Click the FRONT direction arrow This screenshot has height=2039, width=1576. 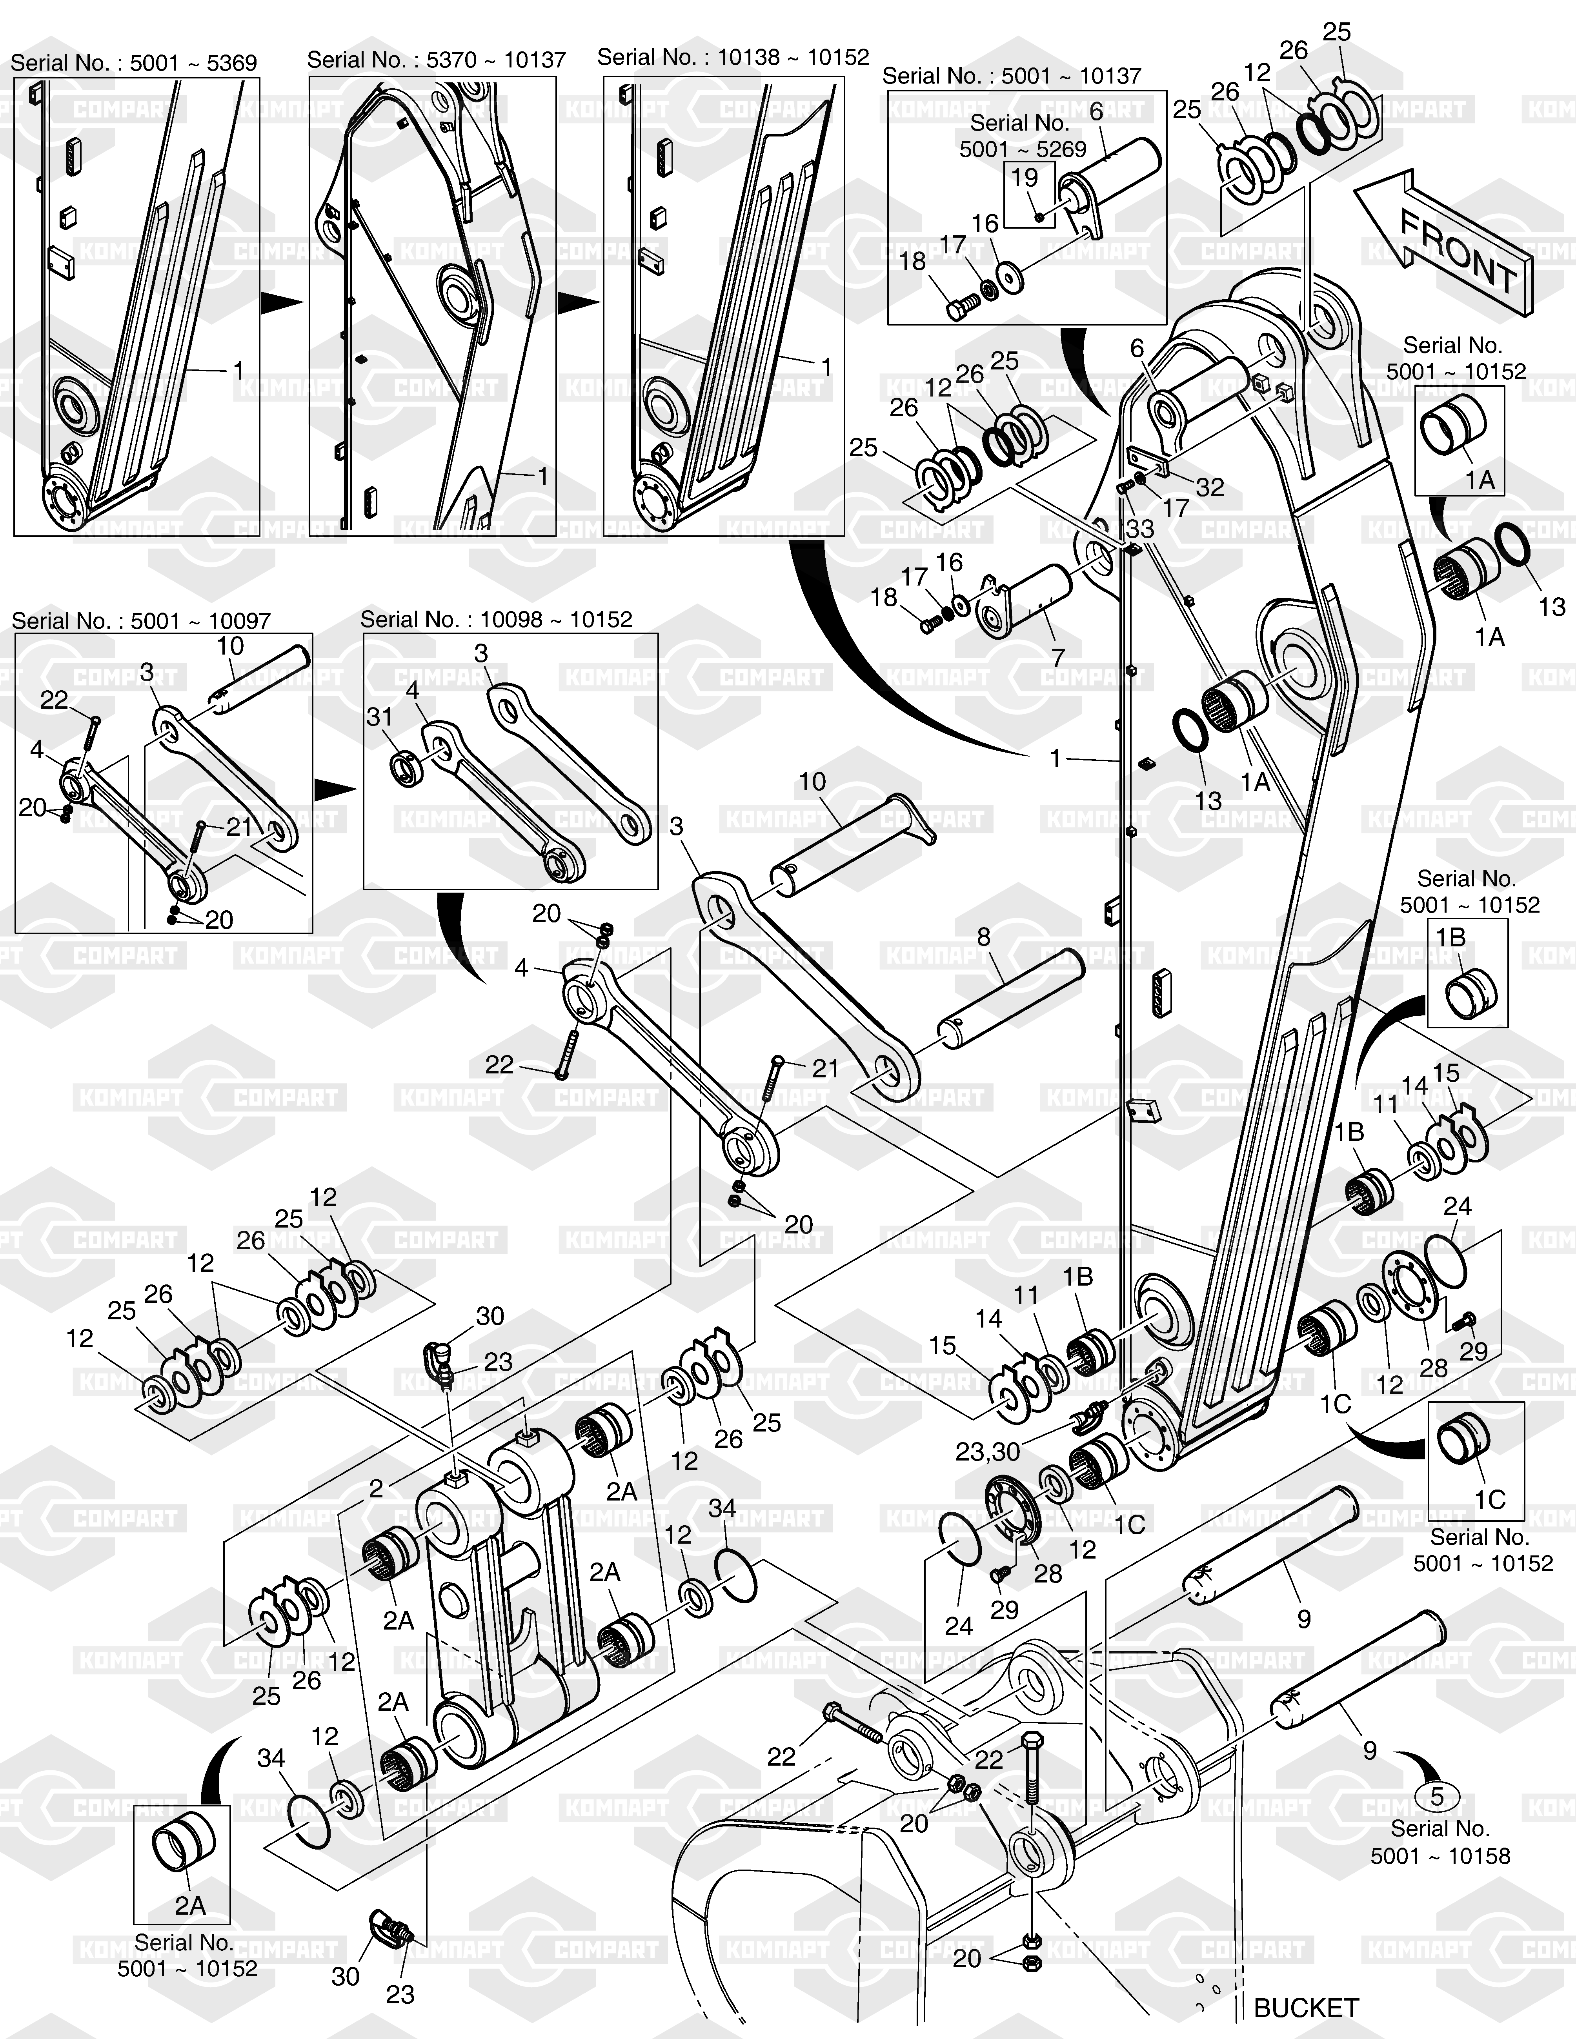pos(1443,245)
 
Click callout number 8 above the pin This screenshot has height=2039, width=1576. pos(983,937)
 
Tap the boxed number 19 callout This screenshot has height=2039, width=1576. pos(1024,177)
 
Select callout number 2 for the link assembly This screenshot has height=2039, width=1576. pos(375,1488)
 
